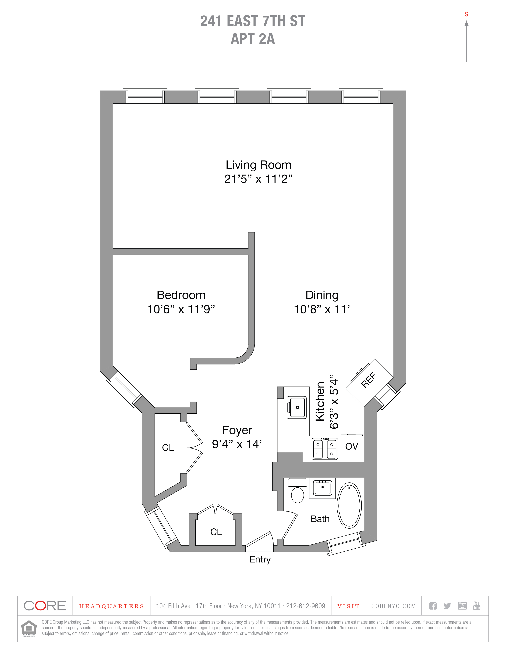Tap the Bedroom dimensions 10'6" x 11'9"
point(181,309)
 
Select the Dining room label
point(322,295)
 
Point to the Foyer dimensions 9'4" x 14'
point(237,444)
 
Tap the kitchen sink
point(297,407)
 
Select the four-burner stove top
point(325,449)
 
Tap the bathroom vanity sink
point(322,488)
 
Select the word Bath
point(320,519)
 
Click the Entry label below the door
point(260,559)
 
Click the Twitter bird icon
point(447,606)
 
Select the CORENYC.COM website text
point(393,606)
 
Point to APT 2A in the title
point(253,39)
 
